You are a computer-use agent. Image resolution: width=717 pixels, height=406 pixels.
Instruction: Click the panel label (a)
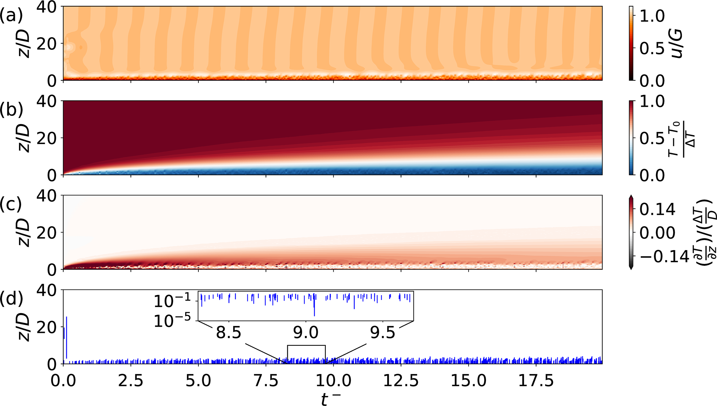tap(11, 16)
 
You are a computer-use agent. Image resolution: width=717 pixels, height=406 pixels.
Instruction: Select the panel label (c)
tap(11, 204)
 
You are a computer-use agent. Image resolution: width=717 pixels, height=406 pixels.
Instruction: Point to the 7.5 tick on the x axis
tap(266, 380)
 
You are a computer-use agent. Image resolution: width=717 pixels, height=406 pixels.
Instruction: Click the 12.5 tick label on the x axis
tap(401, 380)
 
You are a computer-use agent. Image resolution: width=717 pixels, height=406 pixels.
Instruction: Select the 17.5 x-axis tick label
tap(536, 380)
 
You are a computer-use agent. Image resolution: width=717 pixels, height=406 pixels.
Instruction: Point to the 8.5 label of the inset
tap(229, 333)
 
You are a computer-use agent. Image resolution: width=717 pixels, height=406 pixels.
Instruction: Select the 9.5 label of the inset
tap(383, 333)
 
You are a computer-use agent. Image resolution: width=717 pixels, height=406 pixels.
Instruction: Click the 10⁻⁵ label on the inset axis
tap(172, 321)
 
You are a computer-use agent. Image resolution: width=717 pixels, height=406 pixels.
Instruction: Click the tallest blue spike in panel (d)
tap(66, 338)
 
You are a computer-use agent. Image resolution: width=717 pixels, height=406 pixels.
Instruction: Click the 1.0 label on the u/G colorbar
tap(652, 16)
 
